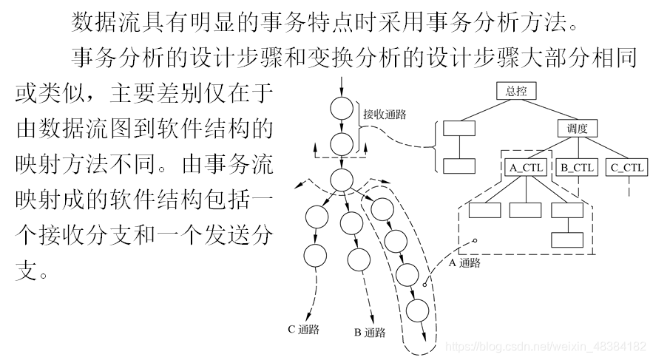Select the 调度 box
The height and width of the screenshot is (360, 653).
(x=577, y=129)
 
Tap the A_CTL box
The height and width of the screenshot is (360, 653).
(x=526, y=168)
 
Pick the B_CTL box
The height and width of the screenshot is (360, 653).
(x=577, y=168)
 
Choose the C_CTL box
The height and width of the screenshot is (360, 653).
(x=627, y=168)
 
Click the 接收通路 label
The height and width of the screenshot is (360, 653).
(x=385, y=115)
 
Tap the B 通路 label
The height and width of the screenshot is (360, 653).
(x=370, y=333)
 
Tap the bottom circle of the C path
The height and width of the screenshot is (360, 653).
(x=315, y=255)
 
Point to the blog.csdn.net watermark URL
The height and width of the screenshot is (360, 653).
(x=548, y=346)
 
